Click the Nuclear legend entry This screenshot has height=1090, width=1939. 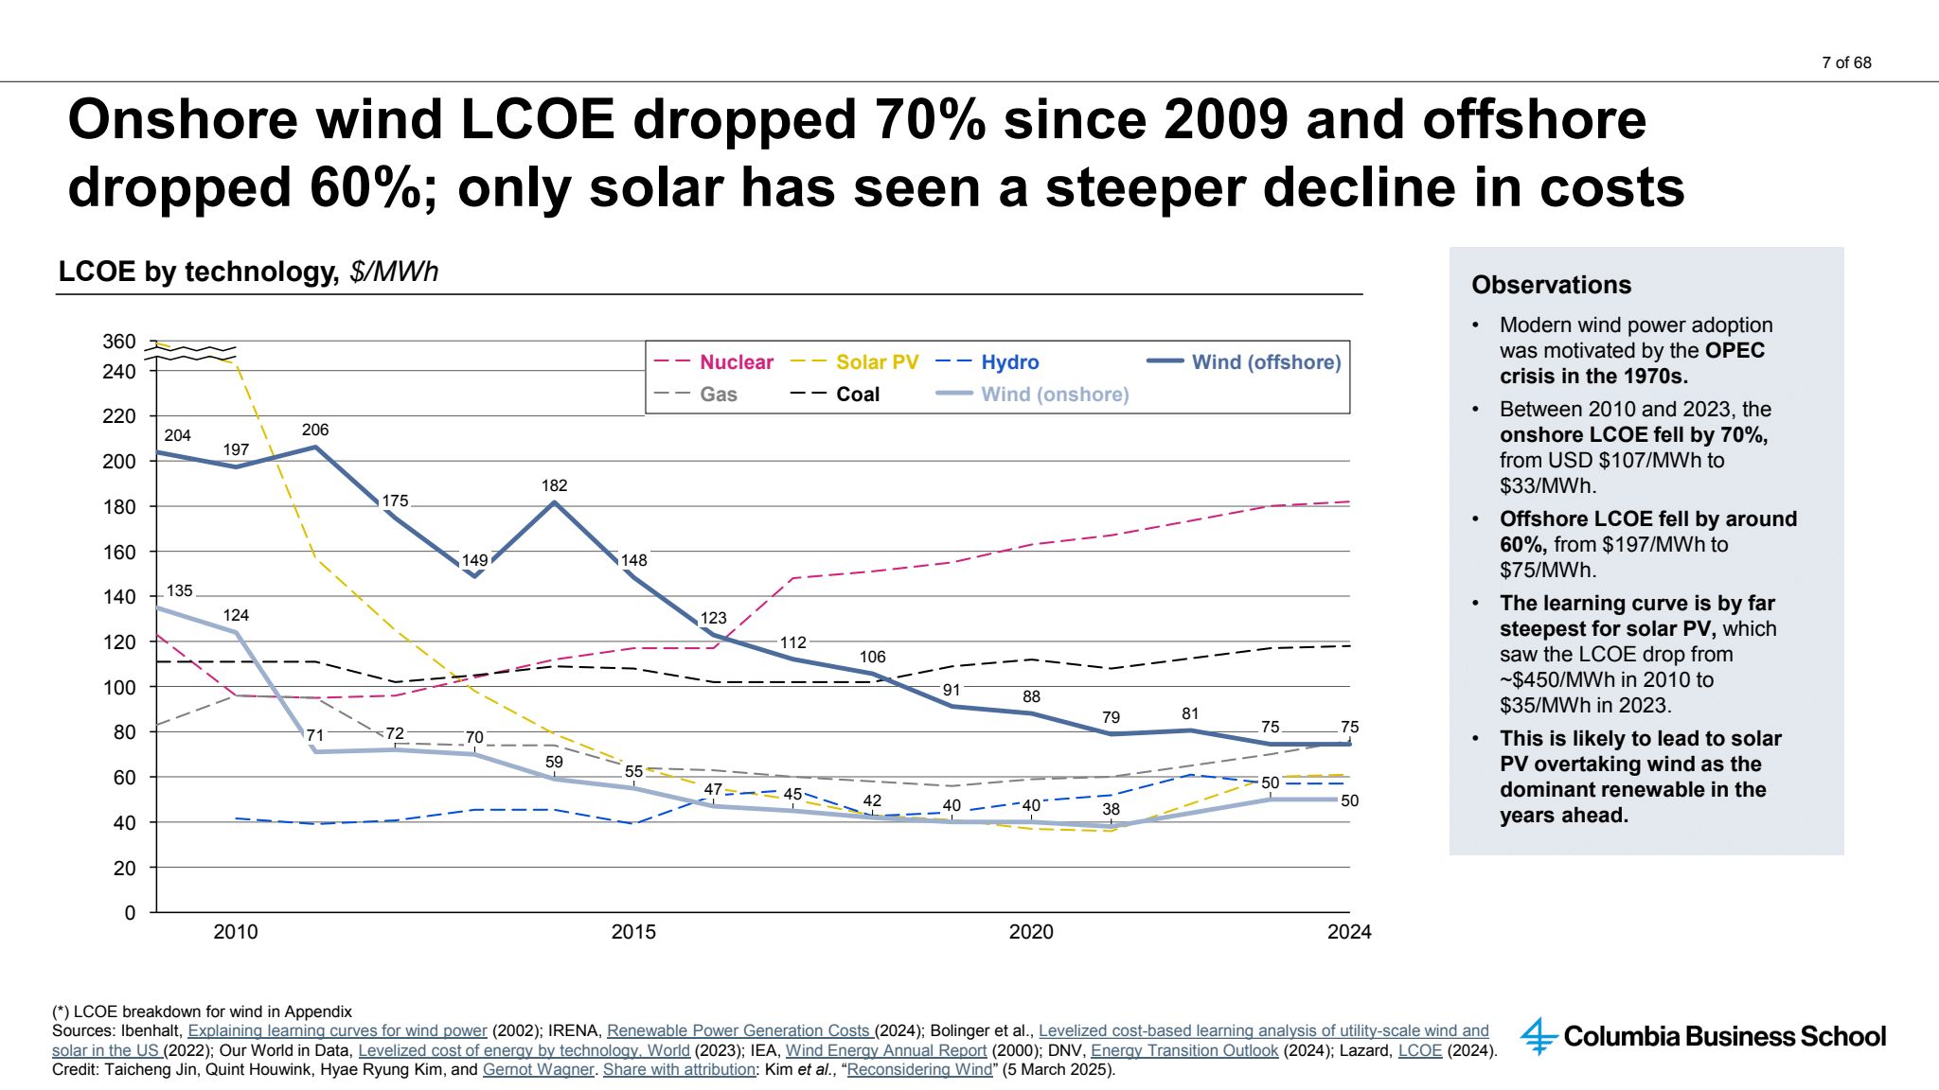[x=736, y=362]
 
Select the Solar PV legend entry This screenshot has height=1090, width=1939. [x=877, y=362]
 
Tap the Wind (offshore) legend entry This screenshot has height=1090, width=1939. [x=1265, y=362]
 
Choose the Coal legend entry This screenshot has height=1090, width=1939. [x=857, y=395]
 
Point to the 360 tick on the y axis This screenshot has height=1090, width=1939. [x=119, y=342]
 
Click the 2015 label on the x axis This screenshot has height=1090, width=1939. [x=633, y=932]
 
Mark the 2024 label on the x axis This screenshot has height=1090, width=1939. [x=1348, y=932]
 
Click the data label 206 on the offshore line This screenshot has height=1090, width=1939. [x=315, y=430]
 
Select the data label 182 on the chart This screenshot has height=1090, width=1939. [x=554, y=485]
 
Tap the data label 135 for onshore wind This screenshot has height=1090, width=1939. [x=179, y=590]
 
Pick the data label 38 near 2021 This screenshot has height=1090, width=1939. [x=1111, y=809]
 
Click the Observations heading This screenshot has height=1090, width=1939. [x=1551, y=285]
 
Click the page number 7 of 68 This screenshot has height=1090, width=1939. [x=1846, y=62]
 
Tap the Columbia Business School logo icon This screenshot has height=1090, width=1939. [x=1539, y=1036]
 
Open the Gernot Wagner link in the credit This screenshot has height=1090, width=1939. [x=538, y=1070]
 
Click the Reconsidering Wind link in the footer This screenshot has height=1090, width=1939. [x=919, y=1070]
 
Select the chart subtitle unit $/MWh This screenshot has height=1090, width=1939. [x=394, y=272]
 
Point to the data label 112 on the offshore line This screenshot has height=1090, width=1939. [x=792, y=642]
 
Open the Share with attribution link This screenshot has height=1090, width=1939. [x=679, y=1070]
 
